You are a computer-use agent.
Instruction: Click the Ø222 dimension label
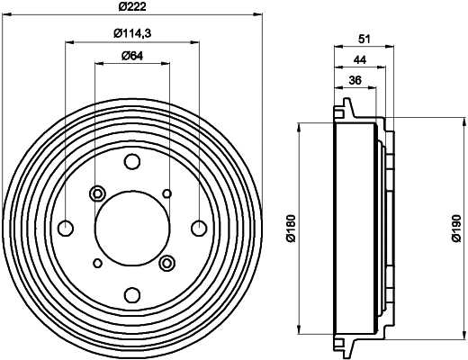coord(131,8)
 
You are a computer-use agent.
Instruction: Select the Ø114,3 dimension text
coord(131,34)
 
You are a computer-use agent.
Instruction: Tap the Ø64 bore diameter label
coord(131,58)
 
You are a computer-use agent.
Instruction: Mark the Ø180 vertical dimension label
coord(290,229)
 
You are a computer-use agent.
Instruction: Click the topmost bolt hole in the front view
coord(132,162)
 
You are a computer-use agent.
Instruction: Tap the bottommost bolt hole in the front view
coord(132,294)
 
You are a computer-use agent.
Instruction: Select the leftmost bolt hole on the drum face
coord(66,228)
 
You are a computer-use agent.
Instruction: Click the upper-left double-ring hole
coord(98,193)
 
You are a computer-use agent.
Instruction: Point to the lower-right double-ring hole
coord(166,263)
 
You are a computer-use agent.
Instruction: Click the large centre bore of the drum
coord(132,228)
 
